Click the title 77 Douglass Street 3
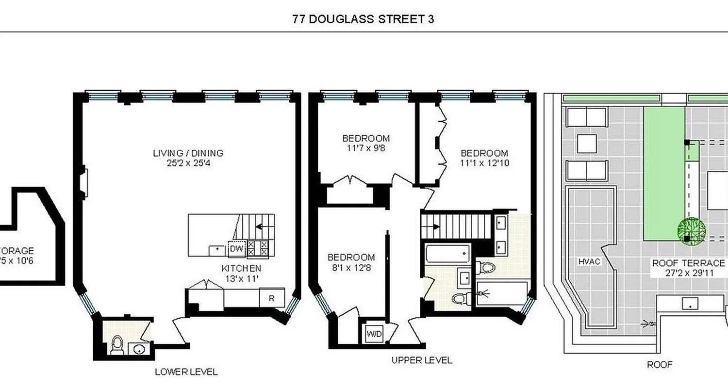click(x=364, y=19)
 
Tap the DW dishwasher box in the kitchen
click(x=236, y=249)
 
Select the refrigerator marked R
click(x=271, y=299)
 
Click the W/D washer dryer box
click(x=373, y=334)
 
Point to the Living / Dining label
click(x=188, y=153)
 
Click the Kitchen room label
click(x=241, y=268)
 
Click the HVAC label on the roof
click(x=589, y=262)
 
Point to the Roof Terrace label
click(x=688, y=263)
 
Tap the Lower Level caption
click(x=186, y=372)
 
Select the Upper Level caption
click(x=422, y=360)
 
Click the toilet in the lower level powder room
click(x=117, y=345)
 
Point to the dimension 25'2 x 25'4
click(x=188, y=163)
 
